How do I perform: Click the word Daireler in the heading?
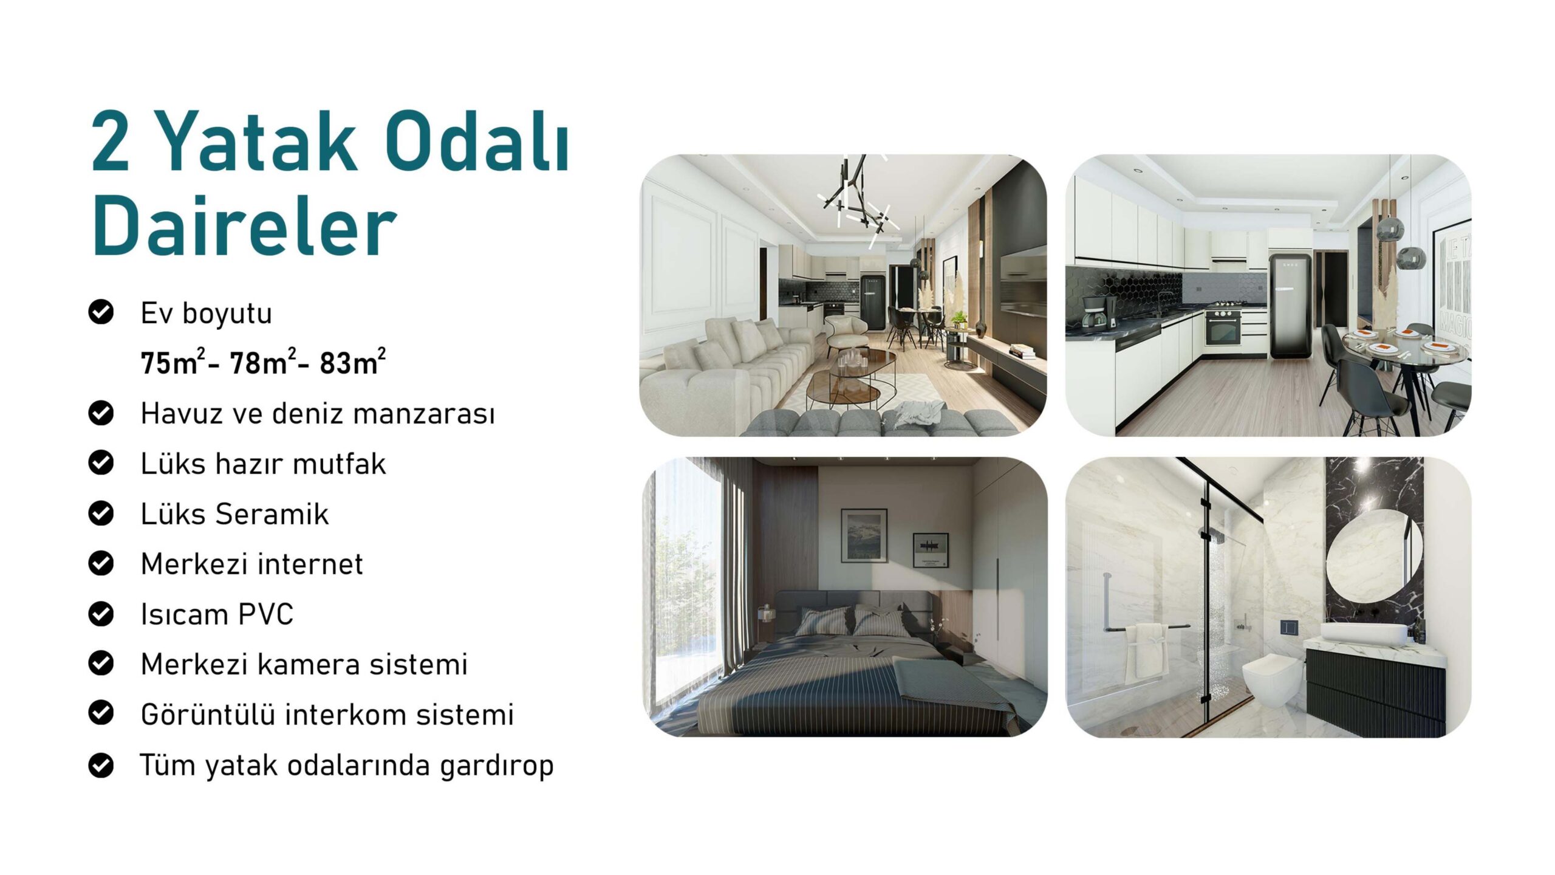[x=244, y=227]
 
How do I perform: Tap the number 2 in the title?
[x=111, y=141]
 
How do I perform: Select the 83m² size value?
[x=352, y=363]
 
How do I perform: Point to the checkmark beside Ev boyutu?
[x=101, y=312]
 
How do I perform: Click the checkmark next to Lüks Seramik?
[x=101, y=513]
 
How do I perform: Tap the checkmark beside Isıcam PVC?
[x=101, y=613]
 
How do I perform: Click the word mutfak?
[x=339, y=464]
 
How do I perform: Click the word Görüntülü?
[x=208, y=714]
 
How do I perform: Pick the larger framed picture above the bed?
[x=864, y=535]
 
